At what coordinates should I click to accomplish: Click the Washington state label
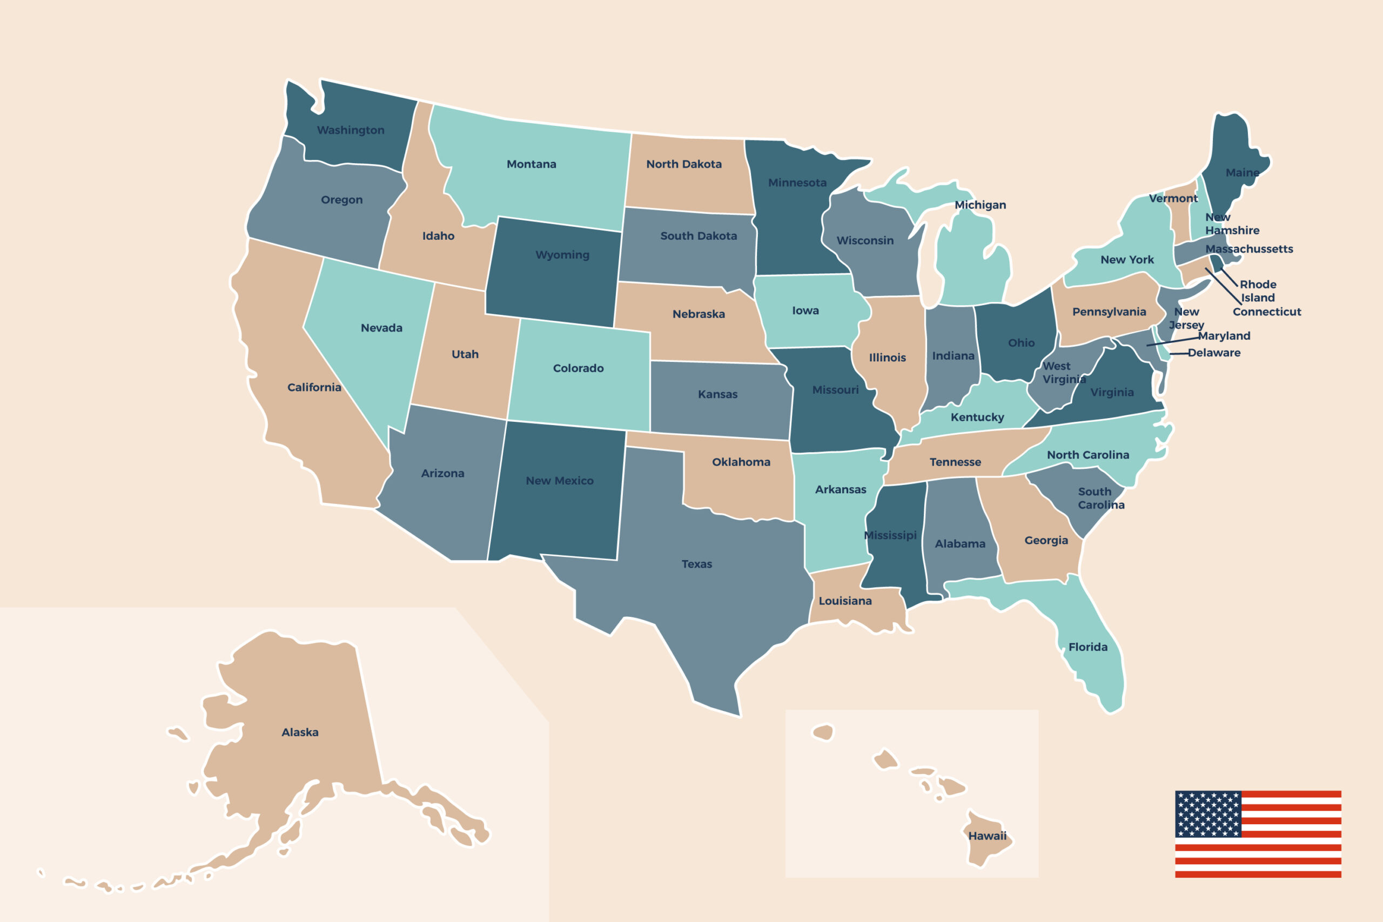tap(351, 130)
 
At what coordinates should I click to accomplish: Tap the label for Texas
tap(696, 564)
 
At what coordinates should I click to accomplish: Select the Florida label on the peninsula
tap(1087, 647)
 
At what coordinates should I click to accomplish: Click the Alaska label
tap(300, 732)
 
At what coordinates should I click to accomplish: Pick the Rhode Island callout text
tap(1258, 291)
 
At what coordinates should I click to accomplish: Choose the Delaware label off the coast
tap(1214, 353)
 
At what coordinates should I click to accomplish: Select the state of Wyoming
tap(553, 277)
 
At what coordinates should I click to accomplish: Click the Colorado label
tap(578, 368)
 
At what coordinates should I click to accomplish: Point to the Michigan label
tap(979, 205)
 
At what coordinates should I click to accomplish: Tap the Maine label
tap(1242, 172)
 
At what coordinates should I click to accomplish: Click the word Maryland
tap(1224, 336)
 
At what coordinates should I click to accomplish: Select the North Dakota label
tap(683, 164)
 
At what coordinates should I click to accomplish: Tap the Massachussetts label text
tap(1249, 248)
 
